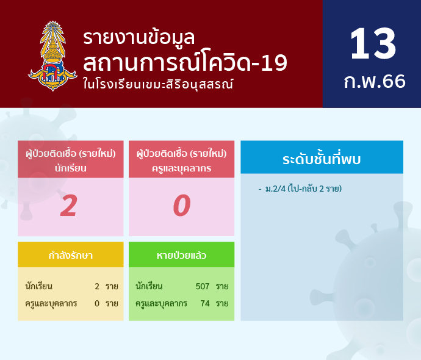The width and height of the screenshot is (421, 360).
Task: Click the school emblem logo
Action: click(x=52, y=56)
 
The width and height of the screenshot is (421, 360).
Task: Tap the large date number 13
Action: click(x=373, y=44)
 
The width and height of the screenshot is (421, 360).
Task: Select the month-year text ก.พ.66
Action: click(x=375, y=81)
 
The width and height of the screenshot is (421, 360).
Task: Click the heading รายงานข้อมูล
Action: click(x=139, y=38)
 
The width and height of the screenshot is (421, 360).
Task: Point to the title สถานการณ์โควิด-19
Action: click(x=185, y=63)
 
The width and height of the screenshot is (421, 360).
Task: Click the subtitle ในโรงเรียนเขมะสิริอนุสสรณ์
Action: click(x=158, y=84)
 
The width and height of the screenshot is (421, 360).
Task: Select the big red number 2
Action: click(x=69, y=206)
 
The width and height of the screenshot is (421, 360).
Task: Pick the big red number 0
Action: click(x=182, y=206)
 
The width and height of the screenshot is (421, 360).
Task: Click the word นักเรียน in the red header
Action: click(x=71, y=168)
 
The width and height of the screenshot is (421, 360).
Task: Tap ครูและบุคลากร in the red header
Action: click(x=181, y=168)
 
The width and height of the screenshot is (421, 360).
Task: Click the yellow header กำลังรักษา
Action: click(x=71, y=255)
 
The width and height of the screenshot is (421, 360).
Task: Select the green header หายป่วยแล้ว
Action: click(x=181, y=255)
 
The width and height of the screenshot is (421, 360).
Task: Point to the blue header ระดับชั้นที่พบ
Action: click(x=322, y=159)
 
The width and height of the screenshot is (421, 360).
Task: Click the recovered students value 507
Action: click(x=203, y=286)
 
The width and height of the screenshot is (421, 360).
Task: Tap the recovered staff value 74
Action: click(x=205, y=304)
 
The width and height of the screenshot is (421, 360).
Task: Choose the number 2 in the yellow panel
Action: click(x=97, y=286)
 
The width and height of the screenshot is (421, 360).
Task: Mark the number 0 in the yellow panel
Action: click(x=97, y=304)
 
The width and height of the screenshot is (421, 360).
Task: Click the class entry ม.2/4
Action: click(x=275, y=189)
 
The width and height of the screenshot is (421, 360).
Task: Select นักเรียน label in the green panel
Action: click(x=149, y=286)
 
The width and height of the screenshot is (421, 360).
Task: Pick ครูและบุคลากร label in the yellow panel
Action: click(x=51, y=304)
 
